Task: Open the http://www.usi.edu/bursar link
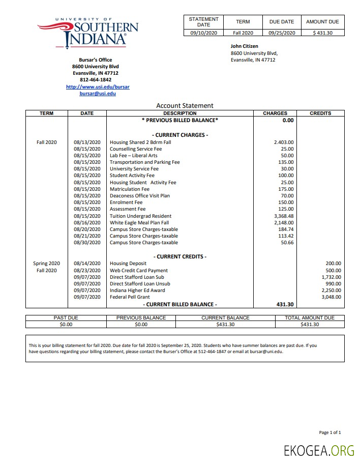(98, 87)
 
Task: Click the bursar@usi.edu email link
(98, 94)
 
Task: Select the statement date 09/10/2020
(203, 33)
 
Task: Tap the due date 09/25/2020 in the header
(282, 33)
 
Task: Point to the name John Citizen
(245, 46)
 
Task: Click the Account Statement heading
(185, 106)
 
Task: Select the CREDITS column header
(320, 113)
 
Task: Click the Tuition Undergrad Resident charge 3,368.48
(284, 216)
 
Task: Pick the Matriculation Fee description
(130, 189)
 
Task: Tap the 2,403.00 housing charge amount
(284, 142)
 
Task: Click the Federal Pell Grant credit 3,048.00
(331, 297)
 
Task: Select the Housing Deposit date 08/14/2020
(87, 264)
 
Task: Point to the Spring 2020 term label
(47, 264)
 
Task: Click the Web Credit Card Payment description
(139, 271)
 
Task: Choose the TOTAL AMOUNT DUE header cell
(310, 318)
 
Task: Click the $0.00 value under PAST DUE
(66, 324)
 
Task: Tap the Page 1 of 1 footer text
(330, 432)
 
